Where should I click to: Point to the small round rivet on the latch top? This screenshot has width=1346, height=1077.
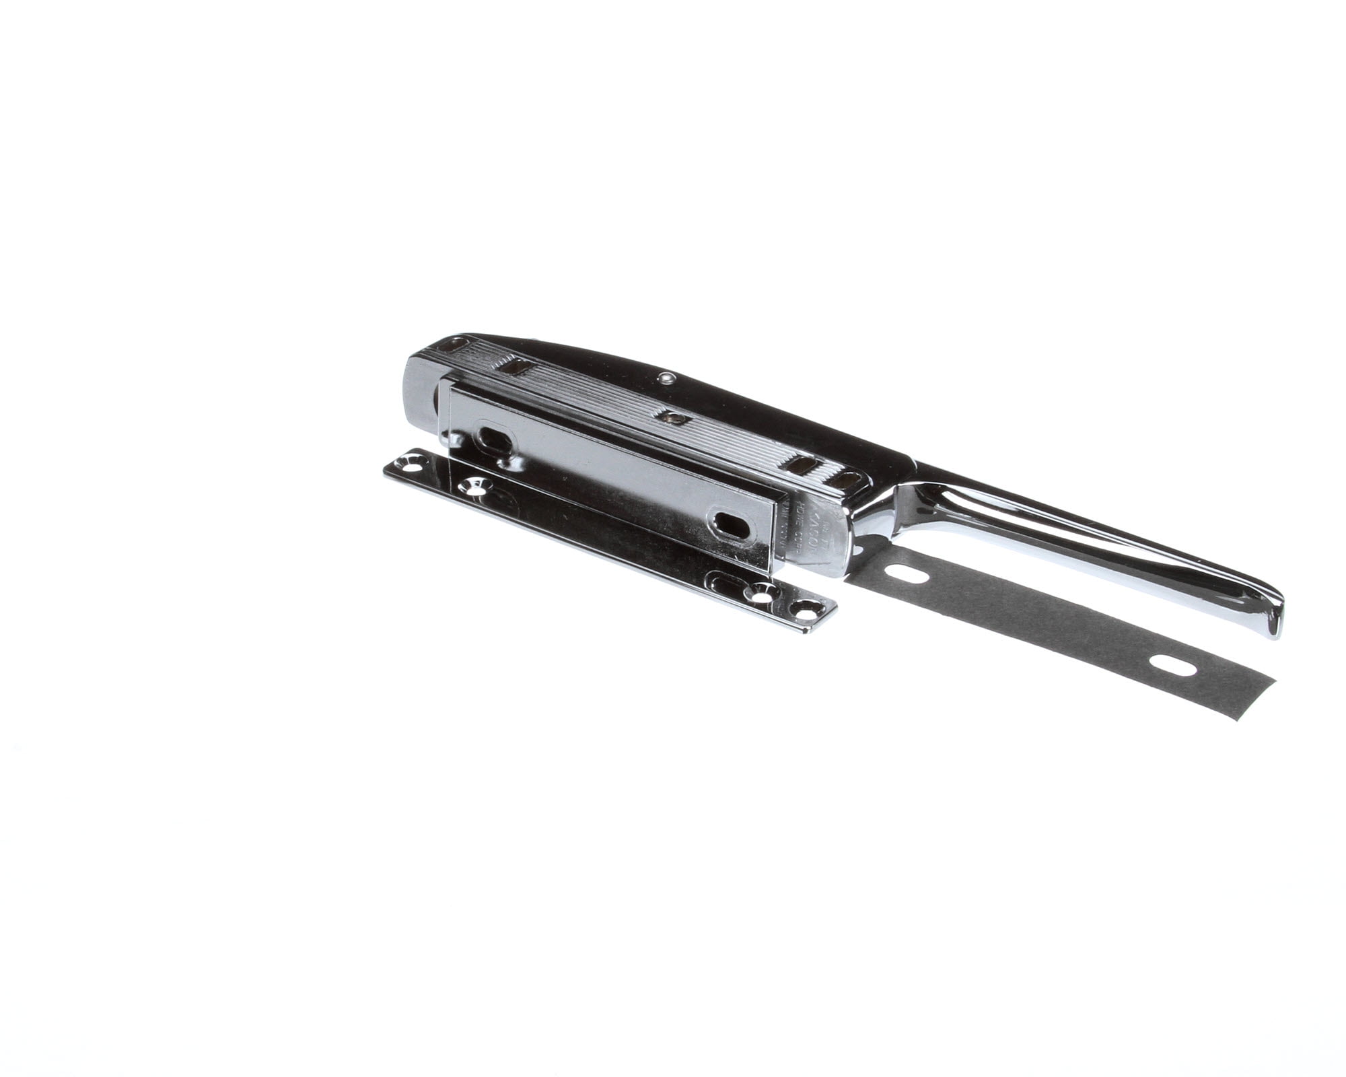point(666,378)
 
